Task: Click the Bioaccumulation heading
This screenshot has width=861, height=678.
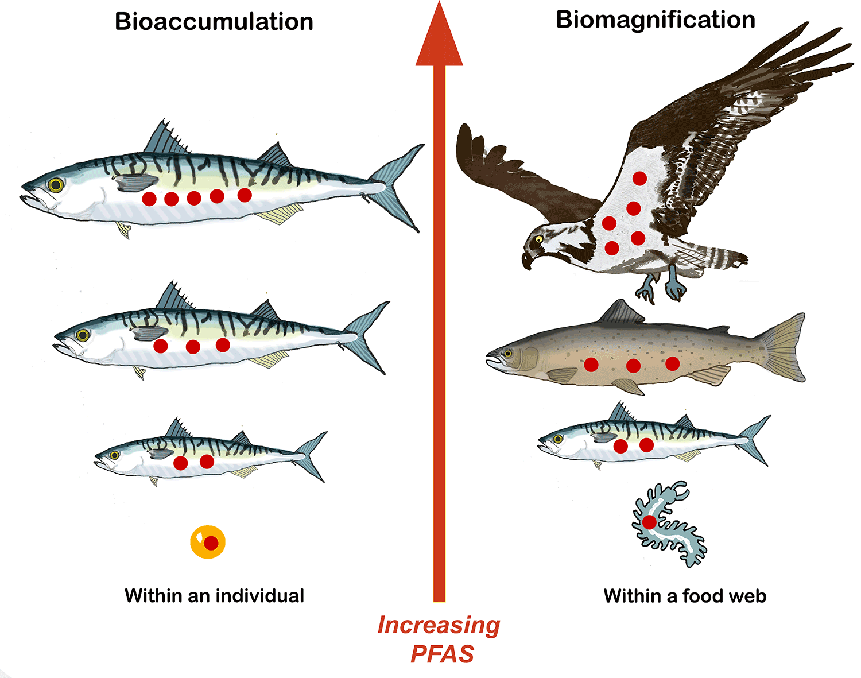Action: [214, 22]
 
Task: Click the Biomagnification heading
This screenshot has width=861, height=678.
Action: [656, 20]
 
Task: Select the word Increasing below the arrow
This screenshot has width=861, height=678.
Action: [439, 625]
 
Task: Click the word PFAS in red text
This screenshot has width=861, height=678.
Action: [442, 654]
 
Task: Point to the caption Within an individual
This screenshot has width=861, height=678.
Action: [215, 595]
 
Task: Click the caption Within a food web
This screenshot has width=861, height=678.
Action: [685, 596]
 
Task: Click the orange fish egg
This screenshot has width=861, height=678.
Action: [208, 542]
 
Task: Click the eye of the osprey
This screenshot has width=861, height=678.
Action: [539, 239]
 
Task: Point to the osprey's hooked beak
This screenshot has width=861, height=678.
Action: [527, 261]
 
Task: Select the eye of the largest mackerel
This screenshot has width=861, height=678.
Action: [56, 184]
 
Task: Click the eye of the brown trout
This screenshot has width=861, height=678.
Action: [508, 354]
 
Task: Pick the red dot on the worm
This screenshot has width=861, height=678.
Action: [649, 522]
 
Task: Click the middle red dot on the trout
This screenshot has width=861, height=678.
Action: [633, 366]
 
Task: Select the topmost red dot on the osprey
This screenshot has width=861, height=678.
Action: [640, 179]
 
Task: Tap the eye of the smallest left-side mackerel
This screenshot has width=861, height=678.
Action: [114, 455]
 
